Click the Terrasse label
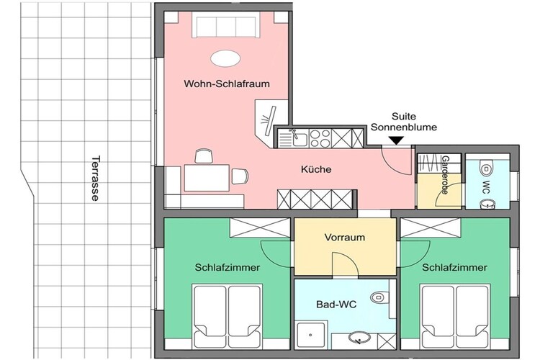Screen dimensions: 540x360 [95, 179]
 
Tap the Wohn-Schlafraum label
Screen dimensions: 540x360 [227, 84]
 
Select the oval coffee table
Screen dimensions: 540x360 [225, 58]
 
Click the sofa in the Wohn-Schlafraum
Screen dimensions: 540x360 [226, 24]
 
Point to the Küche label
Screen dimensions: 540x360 [316, 169]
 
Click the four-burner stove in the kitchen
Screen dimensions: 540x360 [320, 138]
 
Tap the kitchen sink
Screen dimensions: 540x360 [293, 138]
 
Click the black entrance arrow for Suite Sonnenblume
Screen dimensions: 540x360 [397, 140]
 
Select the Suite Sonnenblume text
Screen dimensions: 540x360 [404, 122]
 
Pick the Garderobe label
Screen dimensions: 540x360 [445, 175]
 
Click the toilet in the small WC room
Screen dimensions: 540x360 [487, 168]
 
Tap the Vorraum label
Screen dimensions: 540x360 [344, 238]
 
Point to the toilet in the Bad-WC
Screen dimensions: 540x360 [379, 297]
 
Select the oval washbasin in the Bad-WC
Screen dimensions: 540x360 [359, 337]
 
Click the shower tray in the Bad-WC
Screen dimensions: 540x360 [311, 336]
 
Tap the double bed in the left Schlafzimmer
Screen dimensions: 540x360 [227, 316]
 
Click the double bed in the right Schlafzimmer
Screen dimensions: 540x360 [455, 316]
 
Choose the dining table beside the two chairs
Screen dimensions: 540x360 [207, 178]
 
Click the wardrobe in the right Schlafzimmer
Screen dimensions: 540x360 [431, 228]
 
